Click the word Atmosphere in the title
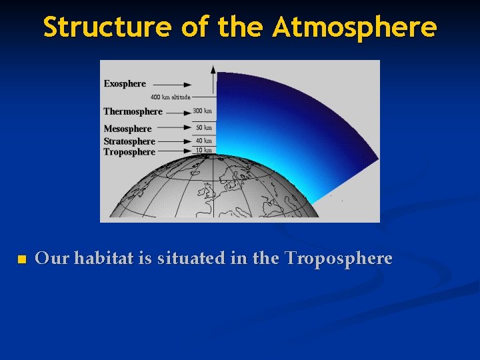[x=354, y=27]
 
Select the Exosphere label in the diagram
[x=125, y=84]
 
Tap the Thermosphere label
[x=133, y=111]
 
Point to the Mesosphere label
[x=127, y=129]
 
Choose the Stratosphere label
[x=129, y=141]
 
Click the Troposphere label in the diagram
[x=129, y=152]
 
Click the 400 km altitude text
[x=170, y=97]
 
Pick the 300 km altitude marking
[x=203, y=111]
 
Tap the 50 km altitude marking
[x=203, y=127]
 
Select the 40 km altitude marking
[x=203, y=141]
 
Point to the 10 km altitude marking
[x=203, y=151]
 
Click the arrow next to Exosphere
[x=178, y=85]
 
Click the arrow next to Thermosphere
[x=178, y=112]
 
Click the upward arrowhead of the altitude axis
[x=213, y=68]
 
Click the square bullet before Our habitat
[x=21, y=259]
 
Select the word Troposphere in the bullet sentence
[x=338, y=258]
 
